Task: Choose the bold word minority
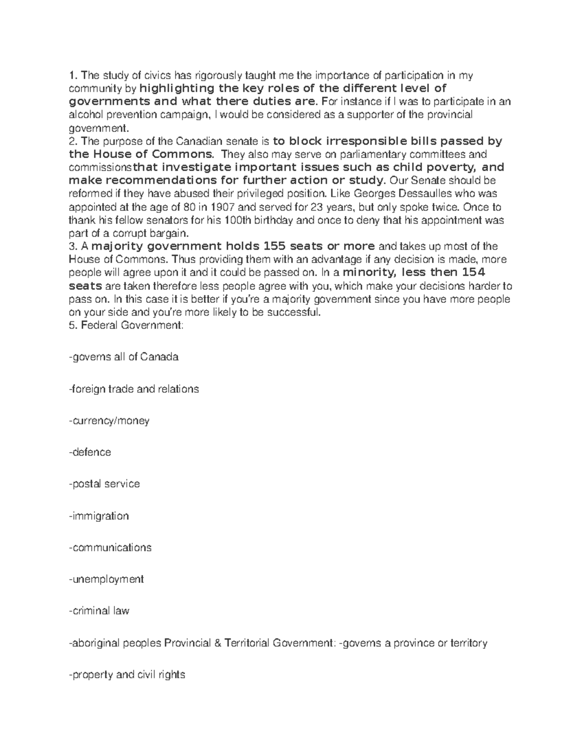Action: tap(368, 272)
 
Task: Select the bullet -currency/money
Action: tap(109, 421)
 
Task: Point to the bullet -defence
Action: tap(90, 452)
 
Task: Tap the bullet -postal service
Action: tap(104, 484)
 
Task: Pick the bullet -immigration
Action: tap(99, 516)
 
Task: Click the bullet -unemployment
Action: tap(106, 579)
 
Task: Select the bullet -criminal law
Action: tap(99, 611)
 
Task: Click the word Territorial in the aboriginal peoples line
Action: tap(246, 643)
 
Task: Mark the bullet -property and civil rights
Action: tap(127, 675)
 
